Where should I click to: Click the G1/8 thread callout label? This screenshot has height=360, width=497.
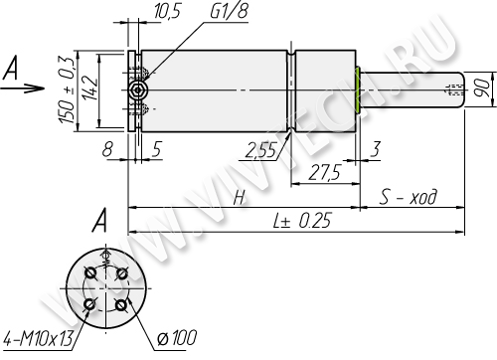(x=229, y=11)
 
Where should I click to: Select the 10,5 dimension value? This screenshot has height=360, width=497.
(x=168, y=11)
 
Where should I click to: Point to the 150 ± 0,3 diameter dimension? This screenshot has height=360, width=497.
(x=66, y=90)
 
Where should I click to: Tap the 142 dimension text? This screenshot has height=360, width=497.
(x=89, y=89)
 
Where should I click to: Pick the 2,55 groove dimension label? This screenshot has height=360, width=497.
(x=260, y=150)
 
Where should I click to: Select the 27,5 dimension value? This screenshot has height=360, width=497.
(x=324, y=172)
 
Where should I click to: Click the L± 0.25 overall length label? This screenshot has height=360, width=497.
(x=302, y=220)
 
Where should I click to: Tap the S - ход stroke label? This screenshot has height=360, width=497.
(x=408, y=196)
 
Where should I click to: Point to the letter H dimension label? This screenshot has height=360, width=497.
(x=240, y=198)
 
